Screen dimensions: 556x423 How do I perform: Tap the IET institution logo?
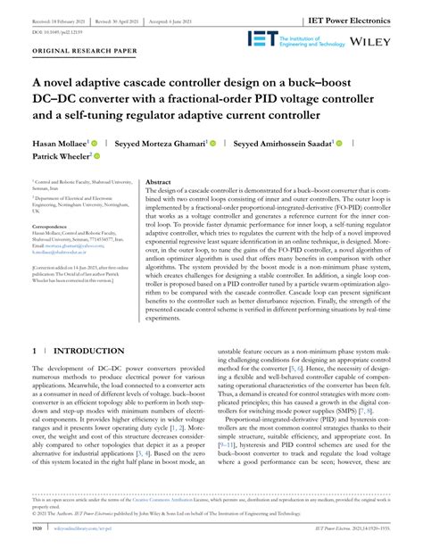[x=313, y=37]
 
